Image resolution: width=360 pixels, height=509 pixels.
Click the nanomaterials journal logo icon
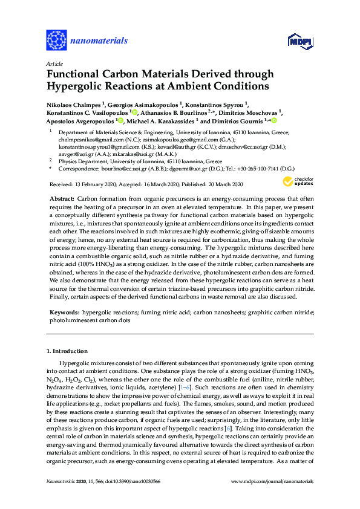click(x=56, y=41)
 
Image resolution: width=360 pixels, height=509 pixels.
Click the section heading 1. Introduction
click(x=67, y=351)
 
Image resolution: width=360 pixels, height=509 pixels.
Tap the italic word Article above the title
click(x=54, y=63)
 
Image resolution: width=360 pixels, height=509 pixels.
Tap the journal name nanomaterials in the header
click(x=99, y=41)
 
